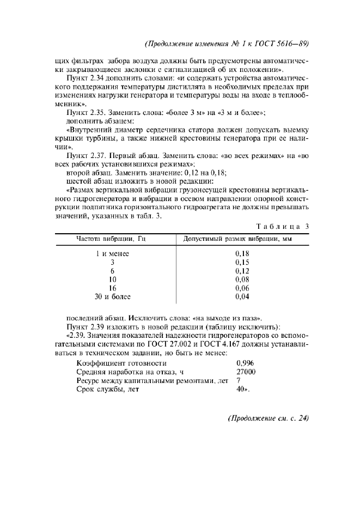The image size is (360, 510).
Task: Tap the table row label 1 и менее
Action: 112,253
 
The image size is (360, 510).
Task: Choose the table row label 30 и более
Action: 112,297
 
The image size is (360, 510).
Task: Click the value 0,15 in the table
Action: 242,262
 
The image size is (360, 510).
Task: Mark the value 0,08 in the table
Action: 242,280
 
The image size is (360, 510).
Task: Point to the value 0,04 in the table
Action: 242,297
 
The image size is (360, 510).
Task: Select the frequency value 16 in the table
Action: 113,288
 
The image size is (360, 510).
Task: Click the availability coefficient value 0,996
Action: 245,363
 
